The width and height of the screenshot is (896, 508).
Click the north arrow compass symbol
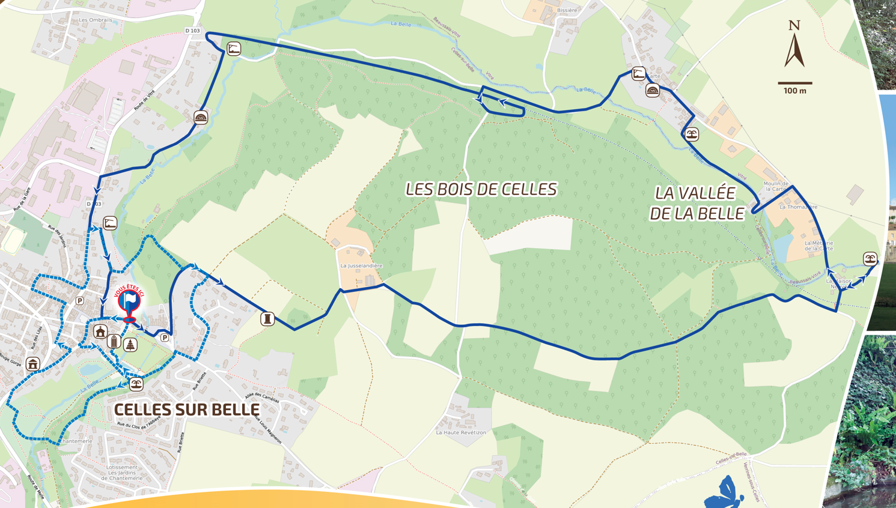794,44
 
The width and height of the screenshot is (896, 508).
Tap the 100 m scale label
794,91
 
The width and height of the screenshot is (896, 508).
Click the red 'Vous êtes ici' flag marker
129,303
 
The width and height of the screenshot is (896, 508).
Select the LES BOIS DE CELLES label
481,189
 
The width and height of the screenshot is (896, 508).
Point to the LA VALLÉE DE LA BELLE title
696,203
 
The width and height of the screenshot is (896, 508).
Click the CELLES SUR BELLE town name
187,410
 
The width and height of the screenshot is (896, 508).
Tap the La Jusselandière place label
361,265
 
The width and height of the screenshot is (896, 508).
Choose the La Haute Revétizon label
461,432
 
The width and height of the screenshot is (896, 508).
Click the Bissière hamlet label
567,10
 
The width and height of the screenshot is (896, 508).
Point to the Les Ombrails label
96,20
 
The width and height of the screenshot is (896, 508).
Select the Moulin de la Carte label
776,186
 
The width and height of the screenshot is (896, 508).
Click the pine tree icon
130,345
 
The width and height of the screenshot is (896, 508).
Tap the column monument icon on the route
267,318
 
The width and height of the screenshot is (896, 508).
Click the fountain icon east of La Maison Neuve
870,259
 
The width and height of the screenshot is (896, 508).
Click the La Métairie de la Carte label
818,246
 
